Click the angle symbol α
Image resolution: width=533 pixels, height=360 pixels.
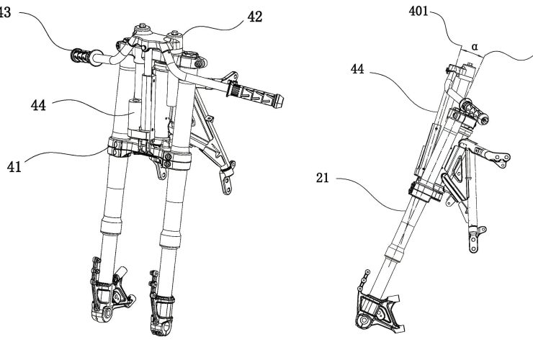(x=475, y=46)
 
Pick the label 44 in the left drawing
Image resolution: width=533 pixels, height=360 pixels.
(x=40, y=105)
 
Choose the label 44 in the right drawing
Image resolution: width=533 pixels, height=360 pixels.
(x=358, y=68)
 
